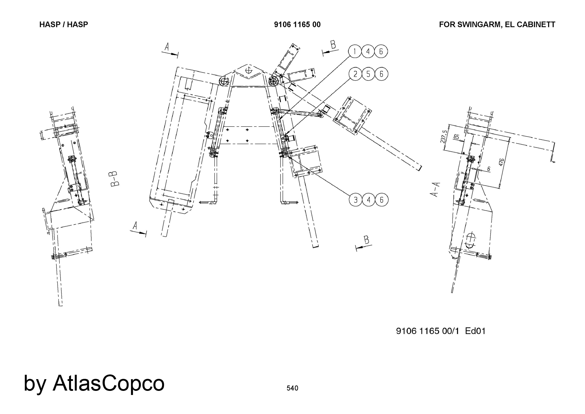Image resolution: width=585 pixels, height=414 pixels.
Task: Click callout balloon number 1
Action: click(355, 52)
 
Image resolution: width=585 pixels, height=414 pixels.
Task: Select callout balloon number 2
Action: click(355, 74)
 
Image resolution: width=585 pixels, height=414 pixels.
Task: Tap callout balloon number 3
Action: click(356, 200)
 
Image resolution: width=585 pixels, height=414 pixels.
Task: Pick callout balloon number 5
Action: click(368, 74)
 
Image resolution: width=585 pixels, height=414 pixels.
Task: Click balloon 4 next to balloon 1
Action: click(368, 52)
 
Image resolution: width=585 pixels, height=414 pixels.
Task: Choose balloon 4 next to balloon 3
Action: click(369, 200)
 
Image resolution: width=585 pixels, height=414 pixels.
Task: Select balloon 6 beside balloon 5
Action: click(381, 74)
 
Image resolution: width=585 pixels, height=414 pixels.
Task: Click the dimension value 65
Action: click(456, 137)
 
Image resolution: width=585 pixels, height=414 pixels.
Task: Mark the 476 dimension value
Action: click(501, 162)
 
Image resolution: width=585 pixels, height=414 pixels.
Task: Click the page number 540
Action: click(292, 388)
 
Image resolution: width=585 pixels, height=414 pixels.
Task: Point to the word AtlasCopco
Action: click(109, 383)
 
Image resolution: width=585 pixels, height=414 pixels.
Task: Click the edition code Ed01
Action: click(475, 331)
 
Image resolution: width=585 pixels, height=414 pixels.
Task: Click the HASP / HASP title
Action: click(64, 25)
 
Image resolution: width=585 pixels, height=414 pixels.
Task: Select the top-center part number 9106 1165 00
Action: click(297, 25)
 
